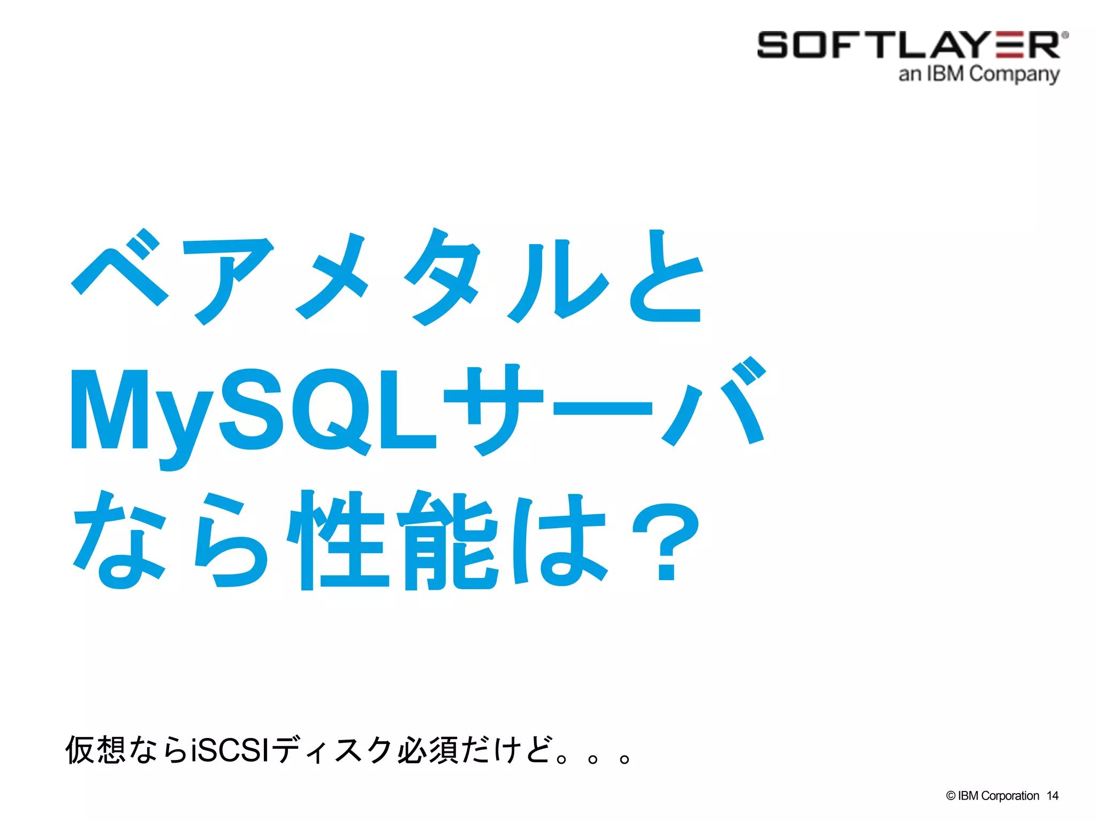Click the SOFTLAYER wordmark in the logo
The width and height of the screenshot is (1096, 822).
909,45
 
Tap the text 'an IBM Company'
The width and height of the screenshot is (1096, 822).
979,74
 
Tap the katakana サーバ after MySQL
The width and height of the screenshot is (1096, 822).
605,407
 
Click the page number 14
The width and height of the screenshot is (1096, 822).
1052,796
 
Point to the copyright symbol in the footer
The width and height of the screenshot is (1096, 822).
950,796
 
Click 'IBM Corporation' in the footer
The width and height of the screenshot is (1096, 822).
998,796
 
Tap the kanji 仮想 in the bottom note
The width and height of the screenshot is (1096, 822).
95,749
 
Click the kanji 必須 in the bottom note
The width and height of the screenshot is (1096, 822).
427,749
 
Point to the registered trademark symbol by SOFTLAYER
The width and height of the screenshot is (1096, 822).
1065,35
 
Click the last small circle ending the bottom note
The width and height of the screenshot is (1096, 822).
624,759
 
